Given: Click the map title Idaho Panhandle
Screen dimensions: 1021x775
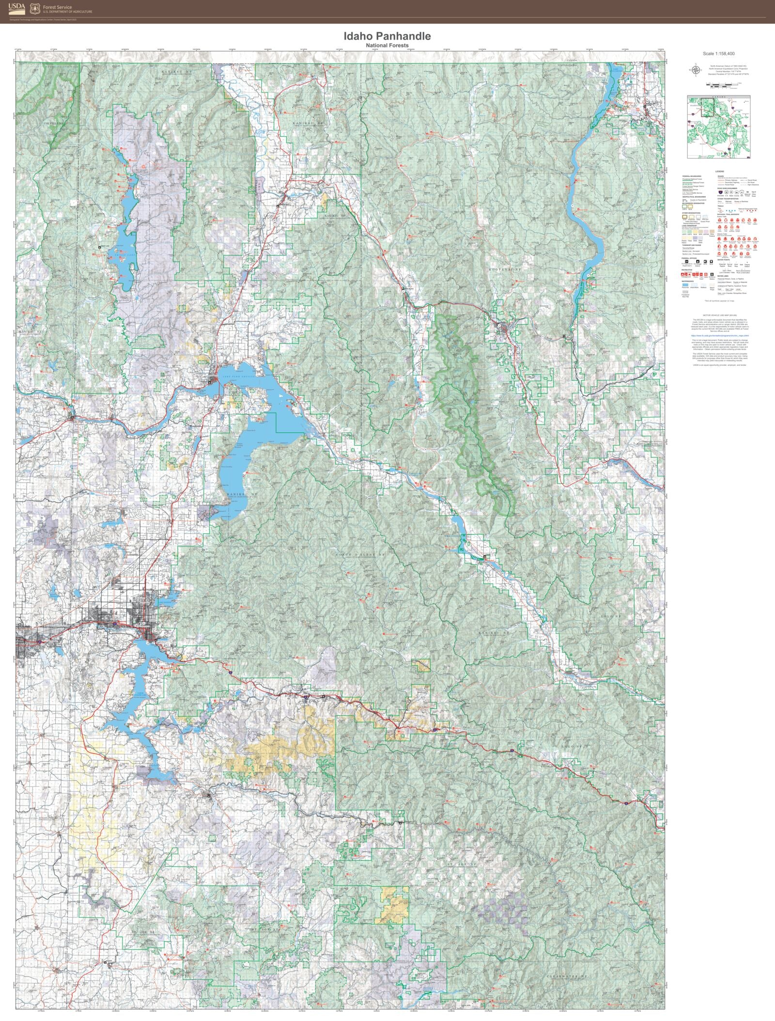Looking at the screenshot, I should coord(387,36).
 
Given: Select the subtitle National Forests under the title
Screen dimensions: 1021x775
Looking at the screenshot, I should coord(387,46).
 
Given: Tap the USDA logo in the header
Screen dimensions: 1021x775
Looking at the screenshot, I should coord(16,8).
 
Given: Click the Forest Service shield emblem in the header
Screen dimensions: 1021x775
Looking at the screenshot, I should coord(34,8).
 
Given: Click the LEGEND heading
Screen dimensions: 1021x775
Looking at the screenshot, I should coord(719,172).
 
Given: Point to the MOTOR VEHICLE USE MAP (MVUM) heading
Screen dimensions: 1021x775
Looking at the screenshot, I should coord(719,314).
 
